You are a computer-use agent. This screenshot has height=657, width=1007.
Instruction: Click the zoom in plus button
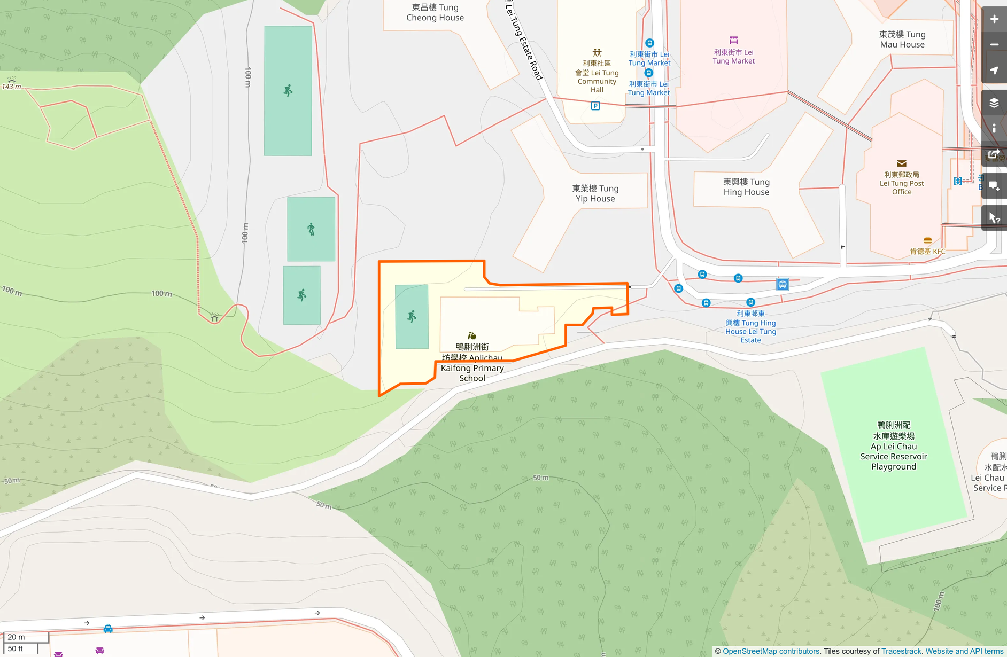pos(994,19)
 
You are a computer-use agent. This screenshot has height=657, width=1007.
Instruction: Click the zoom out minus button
pos(994,45)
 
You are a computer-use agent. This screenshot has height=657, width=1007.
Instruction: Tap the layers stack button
pos(994,103)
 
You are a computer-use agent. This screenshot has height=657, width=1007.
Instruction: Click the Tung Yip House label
pos(595,193)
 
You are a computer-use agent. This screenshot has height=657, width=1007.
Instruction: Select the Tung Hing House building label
pos(746,187)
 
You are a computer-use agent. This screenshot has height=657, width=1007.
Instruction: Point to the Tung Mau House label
pos(902,40)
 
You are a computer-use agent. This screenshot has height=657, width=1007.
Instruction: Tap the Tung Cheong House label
pos(435,12)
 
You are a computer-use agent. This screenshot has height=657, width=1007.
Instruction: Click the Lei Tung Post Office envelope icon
pos(902,163)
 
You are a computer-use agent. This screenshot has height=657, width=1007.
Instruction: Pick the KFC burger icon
pos(928,241)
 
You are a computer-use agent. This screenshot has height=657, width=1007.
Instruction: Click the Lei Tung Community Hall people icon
pos(597,53)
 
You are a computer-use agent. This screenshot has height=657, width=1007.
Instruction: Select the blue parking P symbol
pos(595,106)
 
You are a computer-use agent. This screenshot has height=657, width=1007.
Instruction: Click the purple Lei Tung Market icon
pos(734,41)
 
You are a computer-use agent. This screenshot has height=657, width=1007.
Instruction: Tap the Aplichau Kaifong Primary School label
pos(472,362)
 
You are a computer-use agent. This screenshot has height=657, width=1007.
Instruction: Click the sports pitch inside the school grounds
pos(412,317)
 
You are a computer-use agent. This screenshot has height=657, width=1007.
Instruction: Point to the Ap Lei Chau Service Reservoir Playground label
pos(894,446)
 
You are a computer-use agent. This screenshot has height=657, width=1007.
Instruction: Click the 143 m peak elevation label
pos(12,86)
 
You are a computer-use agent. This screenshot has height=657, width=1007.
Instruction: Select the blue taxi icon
pos(108,628)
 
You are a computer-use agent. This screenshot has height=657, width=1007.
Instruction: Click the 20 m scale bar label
pos(17,637)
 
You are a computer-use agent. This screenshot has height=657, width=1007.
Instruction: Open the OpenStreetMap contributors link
pos(771,651)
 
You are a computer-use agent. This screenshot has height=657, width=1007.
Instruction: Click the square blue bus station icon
pos(783,284)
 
